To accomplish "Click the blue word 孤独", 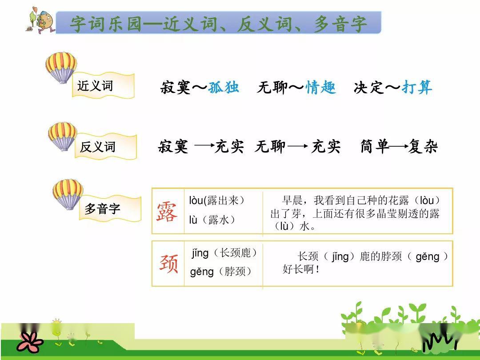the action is pos(224,87).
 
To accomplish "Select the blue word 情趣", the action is pos(320,87).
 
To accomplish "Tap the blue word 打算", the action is pos(417,87).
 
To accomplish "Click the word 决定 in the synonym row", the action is pos(368,88).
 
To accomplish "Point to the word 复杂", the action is pos(423,146).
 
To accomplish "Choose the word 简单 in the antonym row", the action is pos(374,146).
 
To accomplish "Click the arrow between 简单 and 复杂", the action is pos(398,147).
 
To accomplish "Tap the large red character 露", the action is pos(167,212).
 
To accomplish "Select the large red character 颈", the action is pos(168,263).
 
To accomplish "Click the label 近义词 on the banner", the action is pos(95,86).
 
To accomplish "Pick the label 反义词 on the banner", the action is pos(98,147).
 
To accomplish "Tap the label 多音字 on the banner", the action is pos(102,209).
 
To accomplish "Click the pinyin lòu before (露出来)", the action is pos(196,200).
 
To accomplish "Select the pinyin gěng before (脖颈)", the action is pos(201,272).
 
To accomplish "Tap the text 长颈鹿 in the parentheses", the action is pos(235,253).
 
